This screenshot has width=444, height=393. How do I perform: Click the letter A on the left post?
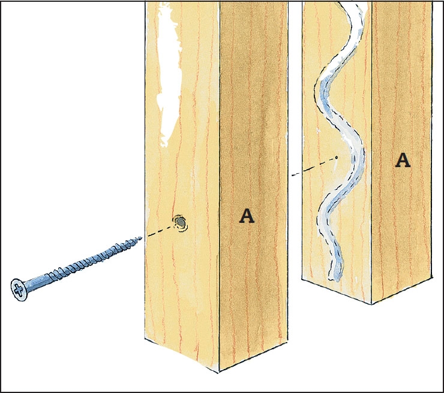247,216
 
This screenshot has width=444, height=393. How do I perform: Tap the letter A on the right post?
403,161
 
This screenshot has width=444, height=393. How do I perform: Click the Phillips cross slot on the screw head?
18,290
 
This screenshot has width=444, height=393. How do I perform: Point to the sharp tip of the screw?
141,237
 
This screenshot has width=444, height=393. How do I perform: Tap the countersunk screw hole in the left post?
180,223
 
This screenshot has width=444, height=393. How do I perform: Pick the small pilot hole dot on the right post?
337,157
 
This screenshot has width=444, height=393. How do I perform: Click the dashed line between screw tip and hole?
160,231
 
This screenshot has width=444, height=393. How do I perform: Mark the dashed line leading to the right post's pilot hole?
313,167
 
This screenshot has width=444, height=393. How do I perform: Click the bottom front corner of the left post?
218,371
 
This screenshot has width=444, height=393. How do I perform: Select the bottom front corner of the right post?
371,303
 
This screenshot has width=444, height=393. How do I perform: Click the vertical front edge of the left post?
220,186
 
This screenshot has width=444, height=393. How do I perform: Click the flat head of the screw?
19,290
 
